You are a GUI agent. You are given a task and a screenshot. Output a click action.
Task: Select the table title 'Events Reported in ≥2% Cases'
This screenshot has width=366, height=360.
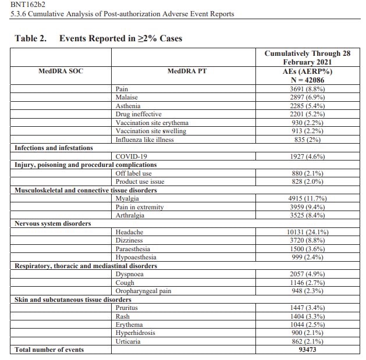click(120, 38)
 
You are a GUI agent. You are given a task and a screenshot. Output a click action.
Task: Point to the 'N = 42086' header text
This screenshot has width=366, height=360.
click(307, 79)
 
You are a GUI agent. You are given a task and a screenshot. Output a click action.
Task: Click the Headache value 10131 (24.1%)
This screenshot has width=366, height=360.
click(307, 232)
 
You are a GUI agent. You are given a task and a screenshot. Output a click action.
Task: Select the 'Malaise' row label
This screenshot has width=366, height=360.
click(127, 98)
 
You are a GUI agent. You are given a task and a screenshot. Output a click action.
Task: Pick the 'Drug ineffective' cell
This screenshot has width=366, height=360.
click(138, 115)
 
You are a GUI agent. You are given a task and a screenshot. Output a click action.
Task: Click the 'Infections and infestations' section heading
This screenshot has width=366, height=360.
click(54, 148)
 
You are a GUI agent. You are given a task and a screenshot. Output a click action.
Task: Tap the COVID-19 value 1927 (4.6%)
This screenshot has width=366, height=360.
click(307, 157)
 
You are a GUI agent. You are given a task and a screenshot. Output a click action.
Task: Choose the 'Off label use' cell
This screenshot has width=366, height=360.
click(134, 173)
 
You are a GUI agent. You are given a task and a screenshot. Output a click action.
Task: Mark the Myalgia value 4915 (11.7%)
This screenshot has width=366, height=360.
click(307, 199)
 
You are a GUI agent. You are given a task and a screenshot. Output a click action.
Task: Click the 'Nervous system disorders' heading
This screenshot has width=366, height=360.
click(52, 224)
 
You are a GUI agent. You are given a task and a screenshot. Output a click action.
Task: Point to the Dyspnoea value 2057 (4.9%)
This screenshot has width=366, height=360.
click(307, 275)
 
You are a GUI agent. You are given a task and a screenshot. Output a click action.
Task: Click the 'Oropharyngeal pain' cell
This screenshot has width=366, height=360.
click(143, 291)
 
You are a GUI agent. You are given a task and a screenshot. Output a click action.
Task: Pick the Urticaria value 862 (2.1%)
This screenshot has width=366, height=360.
click(307, 341)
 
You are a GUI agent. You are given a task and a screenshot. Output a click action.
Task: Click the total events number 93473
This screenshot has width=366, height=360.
click(307, 350)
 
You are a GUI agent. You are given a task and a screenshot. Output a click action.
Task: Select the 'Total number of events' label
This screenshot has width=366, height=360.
click(49, 350)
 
